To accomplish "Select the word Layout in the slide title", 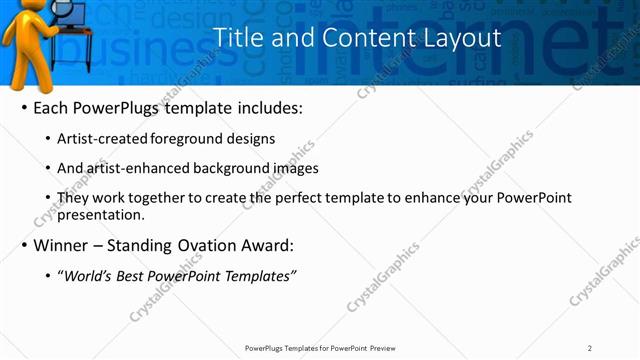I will point(458,38).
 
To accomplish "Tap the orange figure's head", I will point(21,11).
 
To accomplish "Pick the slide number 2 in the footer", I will point(590,348).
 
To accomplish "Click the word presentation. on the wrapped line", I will point(100,215).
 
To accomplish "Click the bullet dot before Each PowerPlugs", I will point(23,108).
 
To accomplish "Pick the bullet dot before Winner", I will point(23,245).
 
